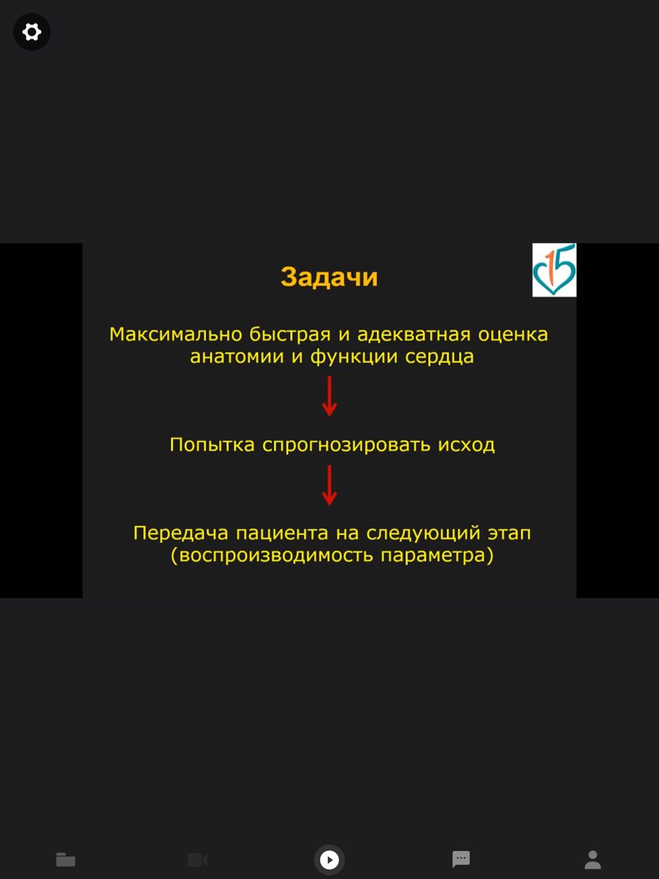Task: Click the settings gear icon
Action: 32,32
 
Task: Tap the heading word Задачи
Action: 329,277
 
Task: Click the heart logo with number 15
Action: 554,269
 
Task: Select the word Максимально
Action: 176,334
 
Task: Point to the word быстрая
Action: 290,335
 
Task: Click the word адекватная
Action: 414,335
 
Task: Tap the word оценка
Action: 513,335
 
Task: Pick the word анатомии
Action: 237,356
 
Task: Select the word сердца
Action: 439,357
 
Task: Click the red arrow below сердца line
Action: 329,396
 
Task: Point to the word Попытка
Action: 212,444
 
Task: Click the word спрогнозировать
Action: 346,445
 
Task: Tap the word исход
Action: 466,444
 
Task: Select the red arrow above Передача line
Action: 329,485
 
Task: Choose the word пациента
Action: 282,534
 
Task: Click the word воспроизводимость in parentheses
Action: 276,556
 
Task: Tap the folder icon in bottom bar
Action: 66,859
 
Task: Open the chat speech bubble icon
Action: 461,859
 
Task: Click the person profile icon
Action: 592,859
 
